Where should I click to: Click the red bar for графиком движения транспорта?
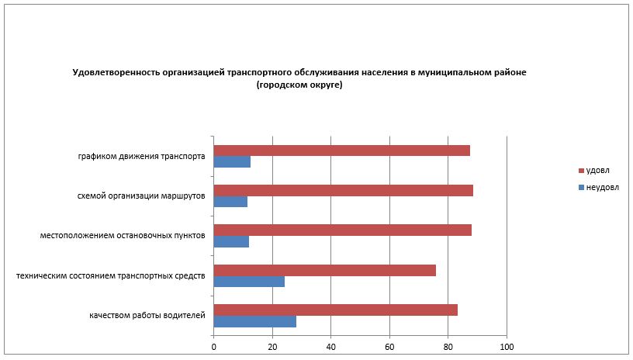pos(341,151)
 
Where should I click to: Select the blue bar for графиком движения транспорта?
pos(232,162)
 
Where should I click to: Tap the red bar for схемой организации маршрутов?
pos(343,190)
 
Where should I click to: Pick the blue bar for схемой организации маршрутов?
pos(230,202)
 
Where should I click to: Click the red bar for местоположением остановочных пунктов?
pos(342,230)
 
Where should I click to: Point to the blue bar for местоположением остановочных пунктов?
pos(231,241)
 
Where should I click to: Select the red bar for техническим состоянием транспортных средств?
pos(324,270)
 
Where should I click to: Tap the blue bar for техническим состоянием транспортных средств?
pos(249,282)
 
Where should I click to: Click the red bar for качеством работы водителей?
pos(335,310)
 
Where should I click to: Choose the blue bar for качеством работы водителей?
pos(254,321)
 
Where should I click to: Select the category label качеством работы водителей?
pos(147,315)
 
